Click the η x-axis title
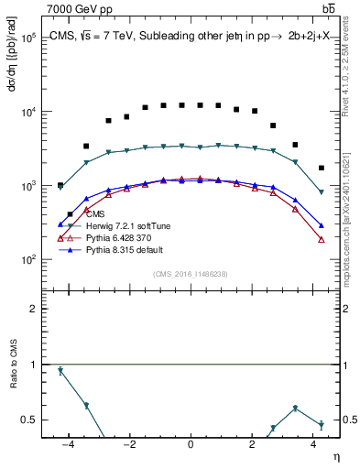[336, 457]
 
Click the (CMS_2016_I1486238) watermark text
[191, 274]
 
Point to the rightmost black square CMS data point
[321, 168]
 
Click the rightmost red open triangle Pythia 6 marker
[321, 240]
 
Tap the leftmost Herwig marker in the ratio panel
[60, 371]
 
